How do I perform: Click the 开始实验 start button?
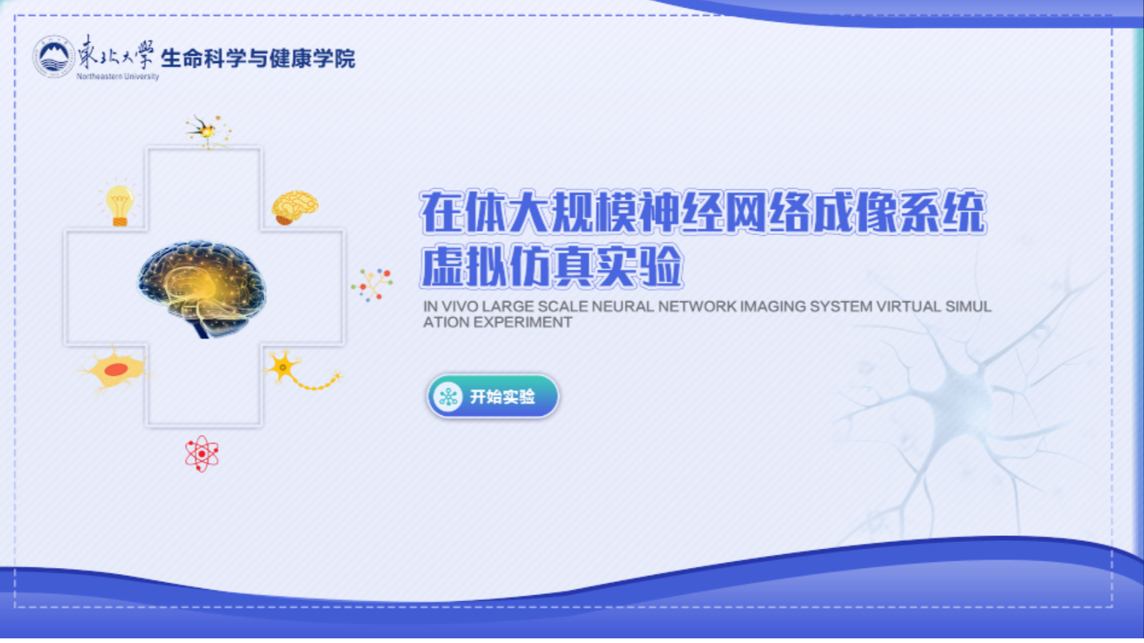click(x=493, y=397)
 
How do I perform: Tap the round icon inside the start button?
click(x=448, y=397)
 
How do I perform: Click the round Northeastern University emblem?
click(x=53, y=56)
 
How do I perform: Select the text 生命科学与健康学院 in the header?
click(x=258, y=58)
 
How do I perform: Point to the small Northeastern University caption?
click(x=118, y=76)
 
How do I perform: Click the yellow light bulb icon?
click(x=120, y=204)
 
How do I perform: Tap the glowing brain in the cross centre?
click(x=202, y=288)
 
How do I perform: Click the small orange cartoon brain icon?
click(x=294, y=207)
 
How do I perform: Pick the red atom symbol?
click(x=201, y=454)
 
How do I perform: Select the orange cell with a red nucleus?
click(x=114, y=369)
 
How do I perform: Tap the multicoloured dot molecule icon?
click(x=372, y=284)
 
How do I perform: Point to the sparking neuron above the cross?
click(x=208, y=131)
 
